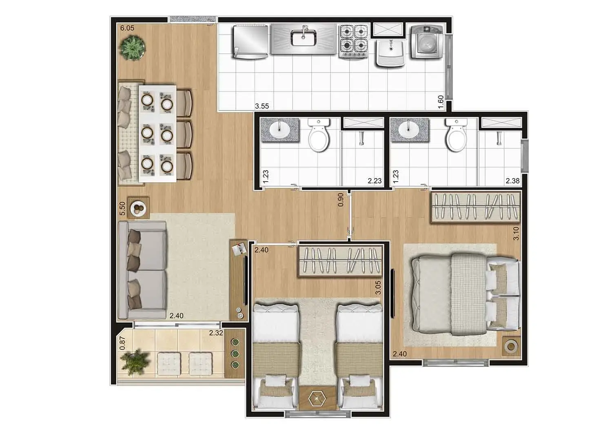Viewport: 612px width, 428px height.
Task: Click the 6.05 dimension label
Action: tap(127, 28)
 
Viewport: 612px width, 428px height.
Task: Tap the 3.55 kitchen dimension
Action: tap(262, 106)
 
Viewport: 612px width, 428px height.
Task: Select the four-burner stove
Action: tap(354, 41)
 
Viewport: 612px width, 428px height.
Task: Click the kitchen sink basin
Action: tap(304, 38)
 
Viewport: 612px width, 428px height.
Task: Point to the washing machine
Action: tap(427, 42)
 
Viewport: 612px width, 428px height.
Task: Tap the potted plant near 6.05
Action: tap(133, 49)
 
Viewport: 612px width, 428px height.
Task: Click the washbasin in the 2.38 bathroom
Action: tap(409, 130)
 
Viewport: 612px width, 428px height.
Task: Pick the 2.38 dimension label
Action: tap(512, 181)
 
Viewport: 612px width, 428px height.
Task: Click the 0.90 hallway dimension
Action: tap(340, 200)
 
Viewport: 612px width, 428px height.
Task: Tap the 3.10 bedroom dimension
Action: tap(516, 234)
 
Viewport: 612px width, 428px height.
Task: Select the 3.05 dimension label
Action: tap(378, 287)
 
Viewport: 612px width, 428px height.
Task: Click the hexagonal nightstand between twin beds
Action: tap(317, 399)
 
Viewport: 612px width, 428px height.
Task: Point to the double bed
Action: tap(466, 294)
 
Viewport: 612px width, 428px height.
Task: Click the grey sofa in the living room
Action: tap(142, 270)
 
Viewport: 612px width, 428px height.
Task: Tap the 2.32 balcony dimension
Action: tap(216, 333)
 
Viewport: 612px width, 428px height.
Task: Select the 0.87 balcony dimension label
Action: tap(122, 343)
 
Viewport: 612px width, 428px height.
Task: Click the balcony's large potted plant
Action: tap(135, 362)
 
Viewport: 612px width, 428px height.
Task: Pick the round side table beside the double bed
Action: tap(511, 346)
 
